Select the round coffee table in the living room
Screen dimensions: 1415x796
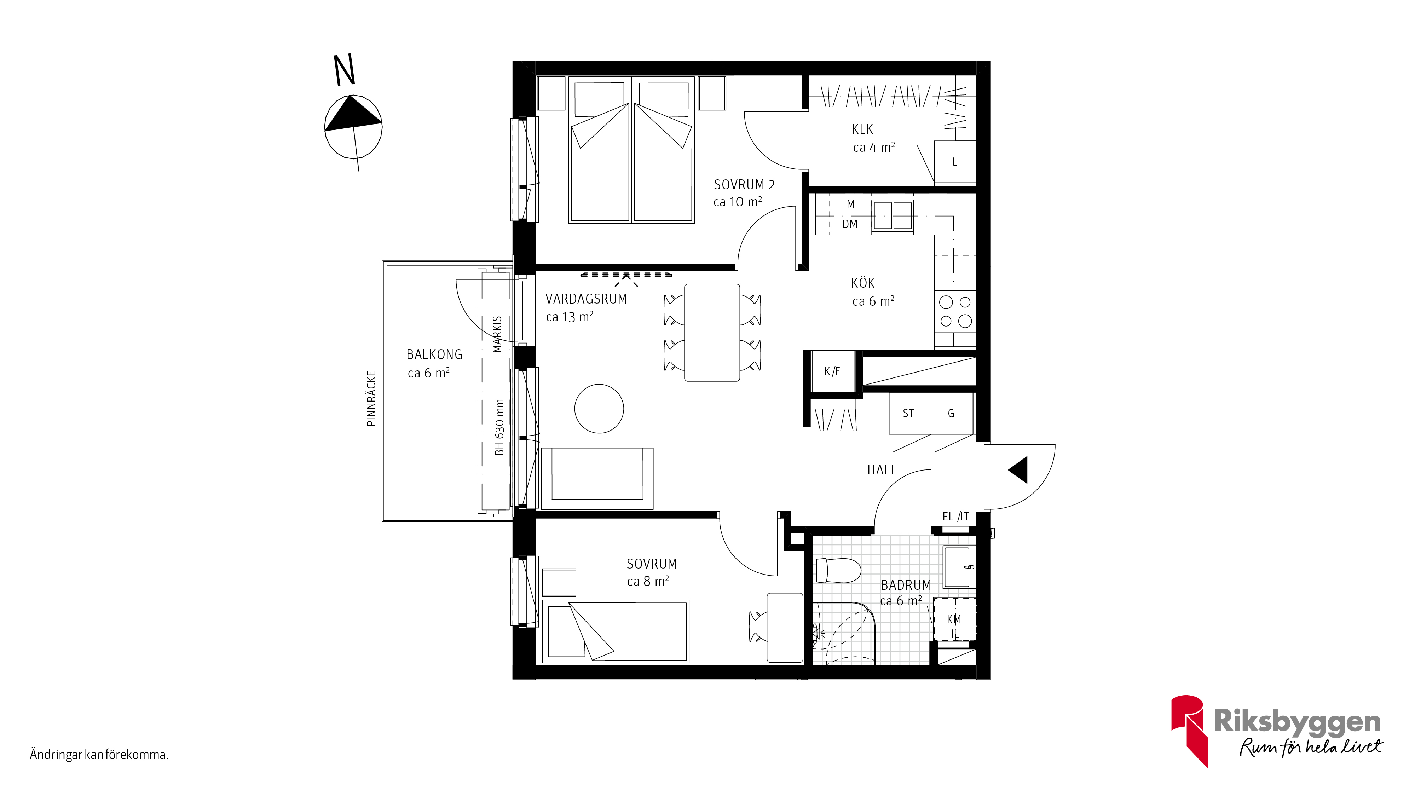(599, 409)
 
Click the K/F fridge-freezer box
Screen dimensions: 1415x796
(832, 371)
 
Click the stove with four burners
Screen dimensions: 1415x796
(955, 311)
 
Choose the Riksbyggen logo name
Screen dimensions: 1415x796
(1297, 721)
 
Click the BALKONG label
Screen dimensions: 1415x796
(434, 355)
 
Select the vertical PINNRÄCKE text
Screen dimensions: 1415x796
(371, 398)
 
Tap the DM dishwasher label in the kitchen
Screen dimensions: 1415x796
(850, 224)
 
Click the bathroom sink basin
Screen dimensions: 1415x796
(959, 567)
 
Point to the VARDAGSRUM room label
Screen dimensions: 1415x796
(586, 299)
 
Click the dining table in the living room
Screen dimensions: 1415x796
(712, 332)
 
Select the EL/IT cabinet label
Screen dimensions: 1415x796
(956, 517)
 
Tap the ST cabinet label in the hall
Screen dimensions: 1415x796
(908, 413)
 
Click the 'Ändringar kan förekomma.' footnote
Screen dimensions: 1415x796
(99, 755)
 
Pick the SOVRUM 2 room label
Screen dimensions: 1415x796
(744, 185)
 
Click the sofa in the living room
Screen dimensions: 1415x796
(597, 478)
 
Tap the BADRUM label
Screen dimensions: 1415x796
(906, 585)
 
